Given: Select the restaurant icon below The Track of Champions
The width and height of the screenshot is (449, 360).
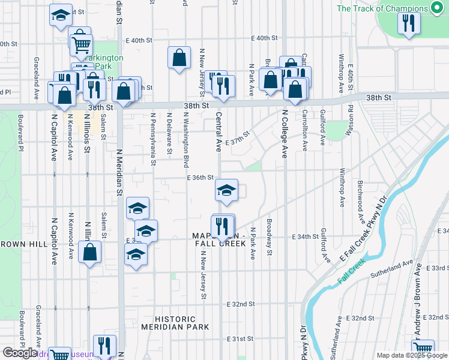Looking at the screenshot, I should click(408, 23).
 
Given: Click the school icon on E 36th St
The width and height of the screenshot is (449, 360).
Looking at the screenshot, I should click(226, 190).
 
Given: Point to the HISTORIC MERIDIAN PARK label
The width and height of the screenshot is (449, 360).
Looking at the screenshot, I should click(175, 323).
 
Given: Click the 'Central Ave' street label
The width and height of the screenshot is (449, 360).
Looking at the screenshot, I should click(219, 131).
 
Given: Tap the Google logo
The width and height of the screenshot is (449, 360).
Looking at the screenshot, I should click(20, 353).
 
